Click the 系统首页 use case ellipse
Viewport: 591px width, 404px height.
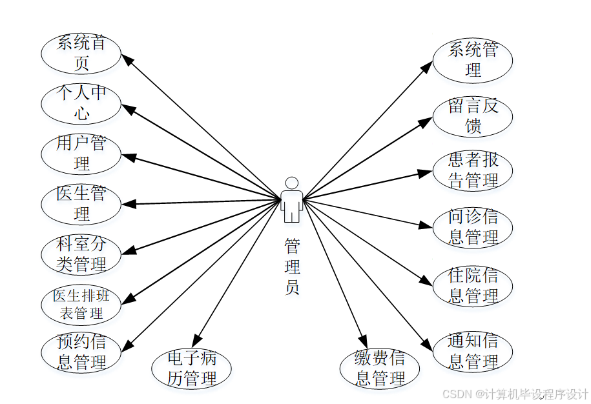[81, 54]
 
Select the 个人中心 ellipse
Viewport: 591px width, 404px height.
[81, 103]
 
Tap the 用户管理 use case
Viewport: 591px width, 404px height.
[81, 153]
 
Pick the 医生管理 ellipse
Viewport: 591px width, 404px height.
[81, 203]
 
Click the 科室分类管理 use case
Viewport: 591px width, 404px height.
[81, 254]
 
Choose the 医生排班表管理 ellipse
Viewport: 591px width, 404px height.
[81, 305]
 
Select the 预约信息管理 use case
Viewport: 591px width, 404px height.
[81, 352]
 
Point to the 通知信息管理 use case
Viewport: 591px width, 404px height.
[473, 352]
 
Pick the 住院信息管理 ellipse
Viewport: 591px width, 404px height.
[473, 286]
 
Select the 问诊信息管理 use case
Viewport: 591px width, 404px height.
[473, 227]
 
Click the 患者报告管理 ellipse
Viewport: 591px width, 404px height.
[473, 170]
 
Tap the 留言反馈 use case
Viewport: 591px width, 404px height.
[473, 116]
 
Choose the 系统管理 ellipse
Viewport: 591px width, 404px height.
[473, 59]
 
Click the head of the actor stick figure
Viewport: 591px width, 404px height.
[292, 183]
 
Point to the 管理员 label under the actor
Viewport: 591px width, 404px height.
[292, 267]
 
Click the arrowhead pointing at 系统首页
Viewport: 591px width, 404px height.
[128, 59]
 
